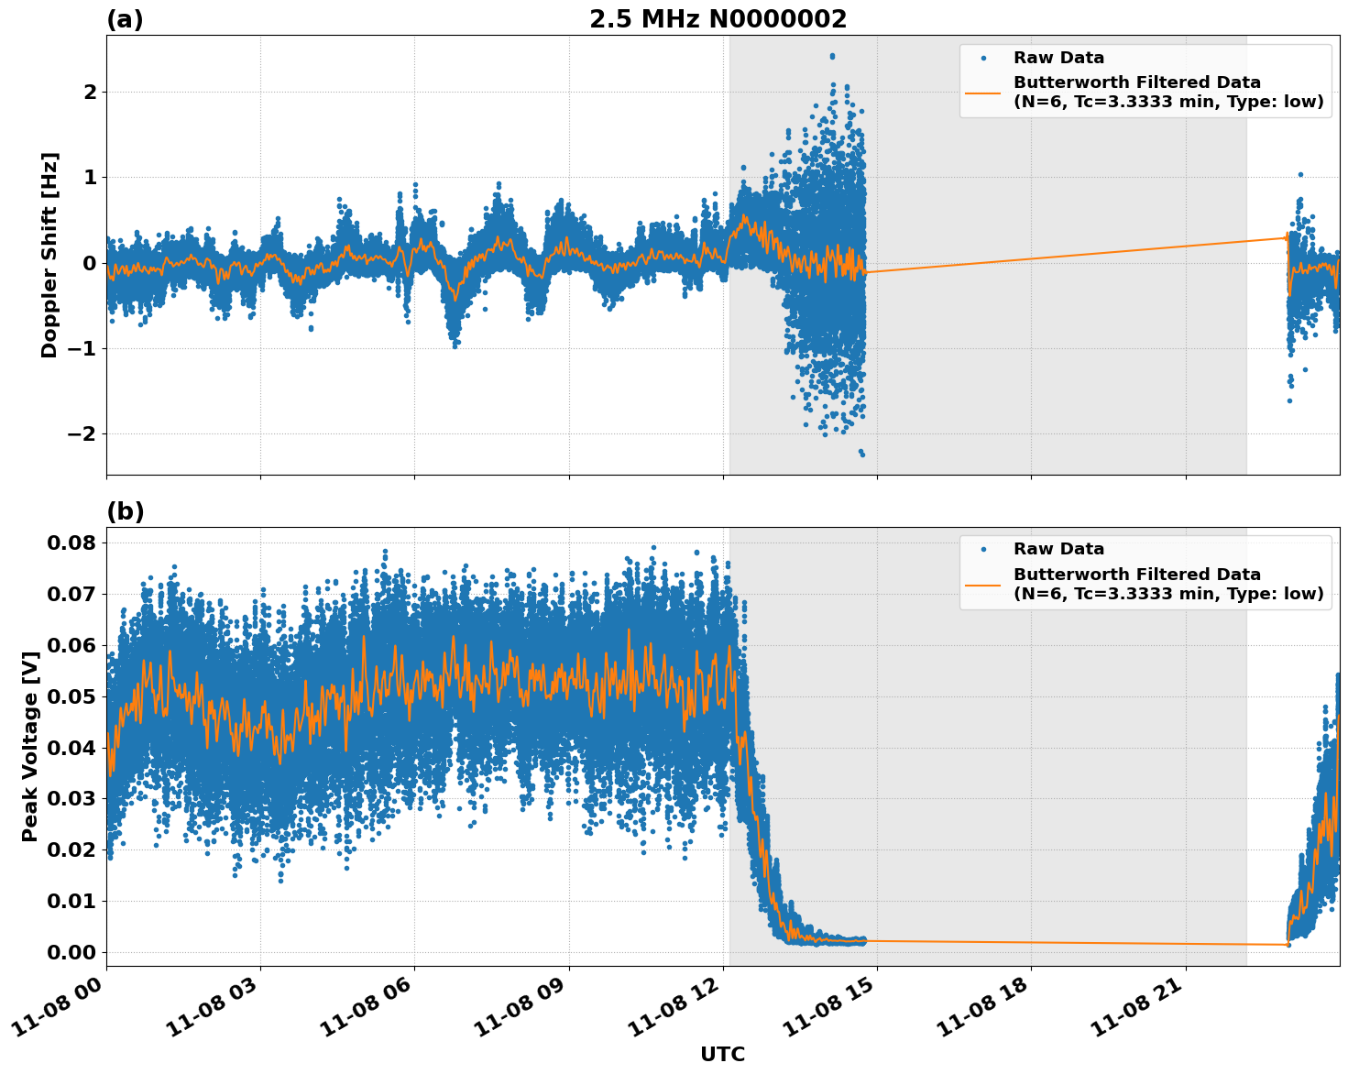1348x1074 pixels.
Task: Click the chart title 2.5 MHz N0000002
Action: (x=718, y=19)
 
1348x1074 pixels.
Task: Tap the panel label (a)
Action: (x=125, y=19)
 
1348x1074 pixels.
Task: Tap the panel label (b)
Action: (x=125, y=511)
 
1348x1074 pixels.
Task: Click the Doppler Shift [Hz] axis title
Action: (x=49, y=255)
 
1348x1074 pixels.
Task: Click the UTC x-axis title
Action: (x=722, y=1054)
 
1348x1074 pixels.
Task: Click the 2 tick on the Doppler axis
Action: (x=89, y=92)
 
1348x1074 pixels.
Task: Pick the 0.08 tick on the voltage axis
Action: (x=71, y=542)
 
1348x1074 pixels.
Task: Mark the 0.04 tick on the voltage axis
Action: (x=71, y=747)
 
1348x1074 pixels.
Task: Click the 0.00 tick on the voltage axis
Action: (x=71, y=952)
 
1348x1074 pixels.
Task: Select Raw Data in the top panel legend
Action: (x=1058, y=58)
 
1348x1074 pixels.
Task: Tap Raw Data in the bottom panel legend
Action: (x=1058, y=549)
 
